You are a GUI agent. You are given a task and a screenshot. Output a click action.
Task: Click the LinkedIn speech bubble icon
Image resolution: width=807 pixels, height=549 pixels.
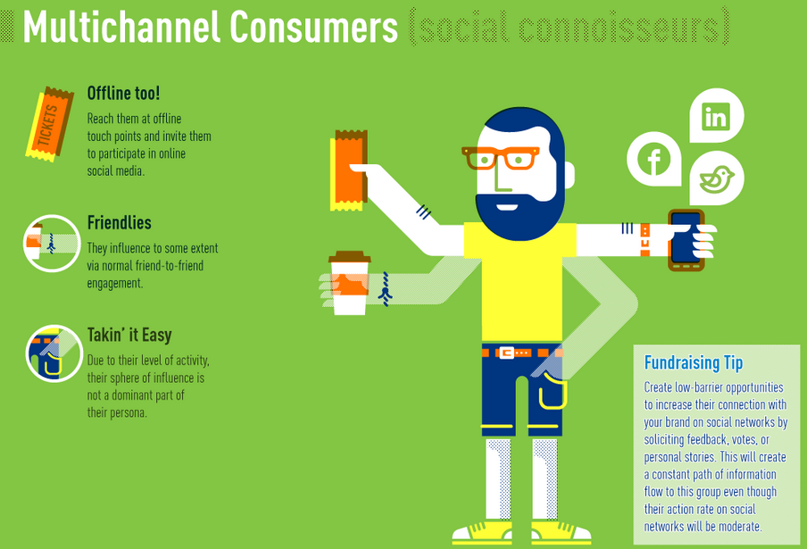click(x=716, y=115)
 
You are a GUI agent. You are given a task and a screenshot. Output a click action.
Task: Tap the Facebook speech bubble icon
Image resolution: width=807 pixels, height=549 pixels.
click(x=653, y=159)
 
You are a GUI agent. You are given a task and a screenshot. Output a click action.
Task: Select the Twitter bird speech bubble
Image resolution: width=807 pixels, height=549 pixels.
click(x=717, y=178)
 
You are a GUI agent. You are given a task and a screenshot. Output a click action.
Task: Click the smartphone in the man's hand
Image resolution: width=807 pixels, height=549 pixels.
click(x=686, y=240)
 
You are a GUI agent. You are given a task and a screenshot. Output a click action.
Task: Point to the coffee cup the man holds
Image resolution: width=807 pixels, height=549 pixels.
click(x=349, y=282)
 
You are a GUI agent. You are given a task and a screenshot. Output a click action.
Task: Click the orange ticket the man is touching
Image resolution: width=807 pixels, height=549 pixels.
click(x=348, y=171)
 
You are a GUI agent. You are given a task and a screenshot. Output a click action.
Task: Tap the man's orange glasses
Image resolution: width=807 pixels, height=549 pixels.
click(x=500, y=158)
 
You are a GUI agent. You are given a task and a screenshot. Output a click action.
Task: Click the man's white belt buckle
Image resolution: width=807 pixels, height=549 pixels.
click(x=506, y=353)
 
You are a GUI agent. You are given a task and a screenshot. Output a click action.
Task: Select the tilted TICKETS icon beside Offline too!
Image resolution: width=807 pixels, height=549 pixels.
click(x=49, y=124)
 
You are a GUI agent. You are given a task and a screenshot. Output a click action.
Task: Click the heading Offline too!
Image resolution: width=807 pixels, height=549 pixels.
click(x=123, y=93)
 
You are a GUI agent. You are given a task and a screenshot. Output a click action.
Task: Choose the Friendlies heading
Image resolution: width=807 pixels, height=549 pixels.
click(x=119, y=223)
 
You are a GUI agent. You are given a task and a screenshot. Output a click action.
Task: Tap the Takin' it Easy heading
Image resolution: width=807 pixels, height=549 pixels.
click(x=129, y=335)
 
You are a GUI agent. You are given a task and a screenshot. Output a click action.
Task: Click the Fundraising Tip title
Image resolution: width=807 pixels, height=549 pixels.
click(x=694, y=362)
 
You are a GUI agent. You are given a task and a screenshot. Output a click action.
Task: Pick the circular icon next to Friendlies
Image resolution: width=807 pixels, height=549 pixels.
click(x=52, y=244)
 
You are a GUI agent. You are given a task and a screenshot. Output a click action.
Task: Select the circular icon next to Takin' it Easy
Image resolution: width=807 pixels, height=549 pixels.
click(x=54, y=354)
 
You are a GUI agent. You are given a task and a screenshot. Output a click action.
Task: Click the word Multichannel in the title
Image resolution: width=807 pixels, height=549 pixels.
click(x=122, y=27)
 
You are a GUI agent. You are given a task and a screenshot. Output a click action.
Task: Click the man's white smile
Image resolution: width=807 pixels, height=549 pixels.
click(x=507, y=207)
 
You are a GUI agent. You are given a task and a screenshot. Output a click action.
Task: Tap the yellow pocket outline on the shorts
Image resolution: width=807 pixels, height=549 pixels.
click(x=553, y=392)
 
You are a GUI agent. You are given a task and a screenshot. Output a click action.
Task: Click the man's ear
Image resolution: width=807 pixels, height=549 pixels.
click(x=569, y=175)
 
